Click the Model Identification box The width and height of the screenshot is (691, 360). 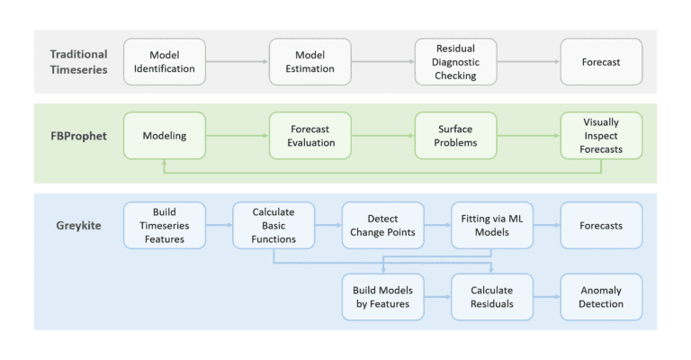[x=165, y=62]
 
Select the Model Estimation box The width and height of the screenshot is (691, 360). [x=310, y=62]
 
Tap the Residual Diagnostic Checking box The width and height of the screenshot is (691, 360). [x=455, y=62]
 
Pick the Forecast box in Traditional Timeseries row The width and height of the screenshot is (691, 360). [x=601, y=62]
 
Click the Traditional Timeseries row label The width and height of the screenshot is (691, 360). [x=78, y=62]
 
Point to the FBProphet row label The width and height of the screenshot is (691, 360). [x=77, y=135]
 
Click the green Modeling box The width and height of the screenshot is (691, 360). [x=165, y=136]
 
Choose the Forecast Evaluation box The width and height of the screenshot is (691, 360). [x=310, y=136]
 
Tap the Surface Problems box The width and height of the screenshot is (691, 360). [x=455, y=136]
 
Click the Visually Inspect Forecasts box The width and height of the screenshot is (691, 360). [x=601, y=136]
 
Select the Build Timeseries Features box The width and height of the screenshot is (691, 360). [x=165, y=226]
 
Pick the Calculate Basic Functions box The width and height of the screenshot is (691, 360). [x=274, y=226]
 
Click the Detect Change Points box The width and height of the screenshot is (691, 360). [x=382, y=226]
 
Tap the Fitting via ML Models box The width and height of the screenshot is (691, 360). [x=491, y=226]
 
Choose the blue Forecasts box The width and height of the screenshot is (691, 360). [x=601, y=226]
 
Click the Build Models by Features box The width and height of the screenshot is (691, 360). [x=382, y=297]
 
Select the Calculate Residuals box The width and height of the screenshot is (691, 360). [x=491, y=297]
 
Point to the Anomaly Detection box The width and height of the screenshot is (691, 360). [x=601, y=297]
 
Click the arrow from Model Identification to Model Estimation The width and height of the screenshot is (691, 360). [x=238, y=62]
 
